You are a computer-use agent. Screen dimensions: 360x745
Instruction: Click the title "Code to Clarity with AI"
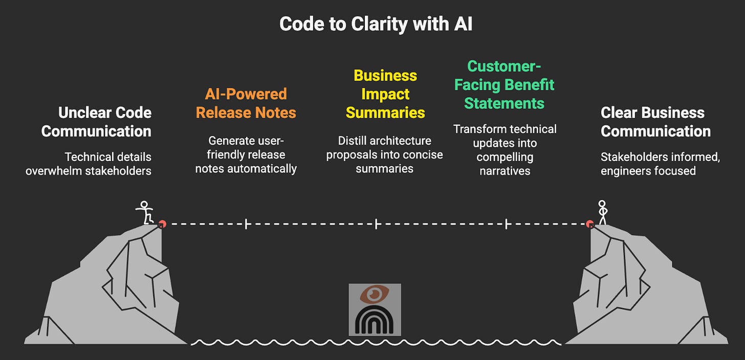coord(376,25)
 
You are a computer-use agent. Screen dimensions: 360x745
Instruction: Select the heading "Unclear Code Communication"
coord(96,122)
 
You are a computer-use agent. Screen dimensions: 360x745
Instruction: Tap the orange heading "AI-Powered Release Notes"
coord(246,103)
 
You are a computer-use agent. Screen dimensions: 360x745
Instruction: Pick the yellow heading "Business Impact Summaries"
coord(385,94)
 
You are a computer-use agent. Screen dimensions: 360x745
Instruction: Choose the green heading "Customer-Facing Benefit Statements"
coord(504,84)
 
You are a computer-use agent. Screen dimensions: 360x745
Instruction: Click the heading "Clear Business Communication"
coord(655,122)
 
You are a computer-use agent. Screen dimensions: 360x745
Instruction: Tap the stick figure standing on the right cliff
coord(602,212)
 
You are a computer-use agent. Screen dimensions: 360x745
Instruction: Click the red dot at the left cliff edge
coord(162,223)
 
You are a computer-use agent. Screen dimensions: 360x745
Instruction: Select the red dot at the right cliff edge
coord(590,223)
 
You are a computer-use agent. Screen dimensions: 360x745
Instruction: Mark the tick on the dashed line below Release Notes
coord(246,224)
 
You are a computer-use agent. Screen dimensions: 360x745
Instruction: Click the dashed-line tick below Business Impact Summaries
coord(376,224)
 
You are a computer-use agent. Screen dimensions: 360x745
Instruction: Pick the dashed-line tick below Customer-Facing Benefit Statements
coord(506,224)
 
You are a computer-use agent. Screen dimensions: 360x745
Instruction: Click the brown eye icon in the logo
coord(375,295)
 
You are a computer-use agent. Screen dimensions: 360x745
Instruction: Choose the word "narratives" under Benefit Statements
coord(505,171)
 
